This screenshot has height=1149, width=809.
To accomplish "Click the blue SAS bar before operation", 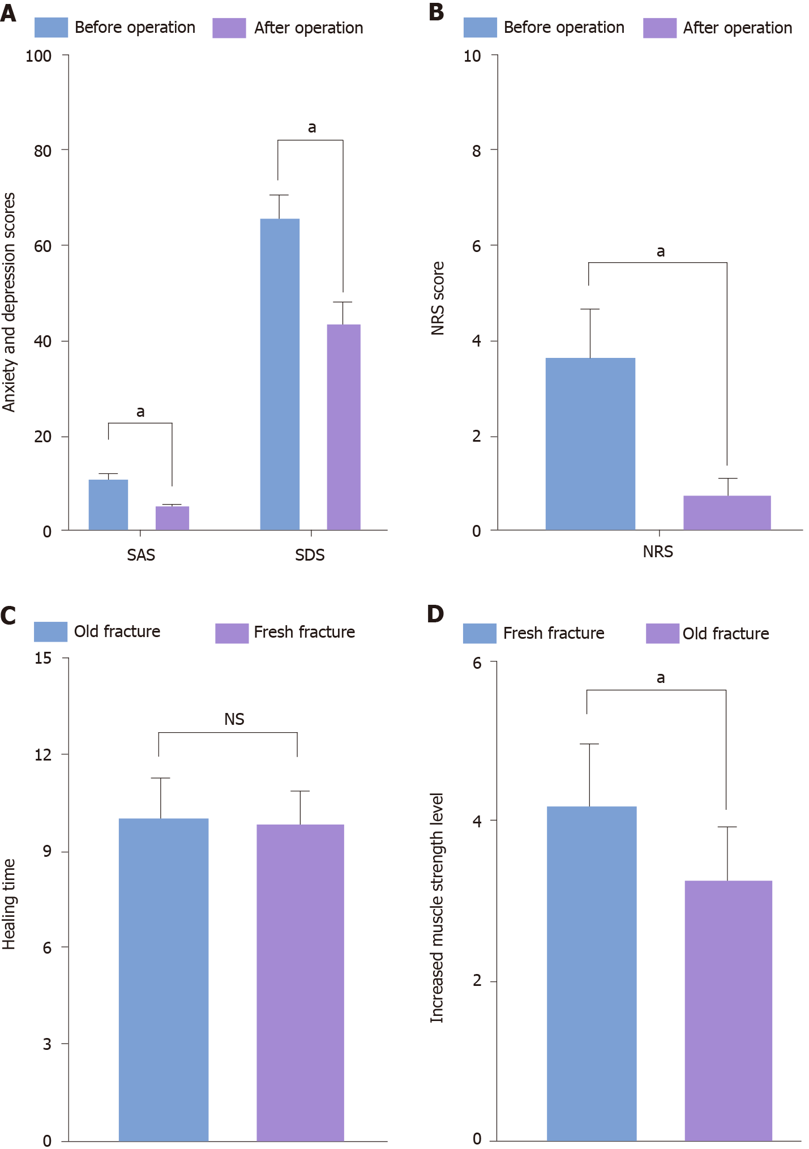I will coord(108,505).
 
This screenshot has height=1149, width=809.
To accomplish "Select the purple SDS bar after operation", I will coord(344,427).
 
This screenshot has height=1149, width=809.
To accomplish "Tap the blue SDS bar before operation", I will coord(280,374).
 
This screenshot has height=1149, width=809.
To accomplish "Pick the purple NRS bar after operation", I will coord(727,512).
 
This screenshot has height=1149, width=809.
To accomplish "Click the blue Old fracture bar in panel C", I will coord(164,980).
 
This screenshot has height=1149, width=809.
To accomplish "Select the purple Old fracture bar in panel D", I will coord(728,1011).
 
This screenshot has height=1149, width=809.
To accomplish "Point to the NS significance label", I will coord(234,719).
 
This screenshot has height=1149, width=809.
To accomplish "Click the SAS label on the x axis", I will coord(141,555).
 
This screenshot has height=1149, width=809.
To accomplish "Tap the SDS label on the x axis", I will coord(310,555).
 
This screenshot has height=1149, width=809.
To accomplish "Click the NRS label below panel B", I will coord(658,552).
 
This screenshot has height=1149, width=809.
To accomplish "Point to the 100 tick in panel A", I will coord(38,56).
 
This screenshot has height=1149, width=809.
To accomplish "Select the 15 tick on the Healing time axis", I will coord(43,658).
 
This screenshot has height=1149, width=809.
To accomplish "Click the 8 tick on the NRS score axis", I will coord(477,151).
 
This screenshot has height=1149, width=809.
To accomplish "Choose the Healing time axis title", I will coord(9,904).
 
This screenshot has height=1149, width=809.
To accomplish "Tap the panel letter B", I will coord(436,12).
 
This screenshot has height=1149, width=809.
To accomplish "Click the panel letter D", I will coord(435,614).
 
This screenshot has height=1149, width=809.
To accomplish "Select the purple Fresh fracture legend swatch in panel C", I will coord(232,633).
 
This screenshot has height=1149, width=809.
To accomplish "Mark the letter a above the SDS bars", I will coord(312,128).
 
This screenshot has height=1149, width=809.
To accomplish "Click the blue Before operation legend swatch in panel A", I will coord(51,28).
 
